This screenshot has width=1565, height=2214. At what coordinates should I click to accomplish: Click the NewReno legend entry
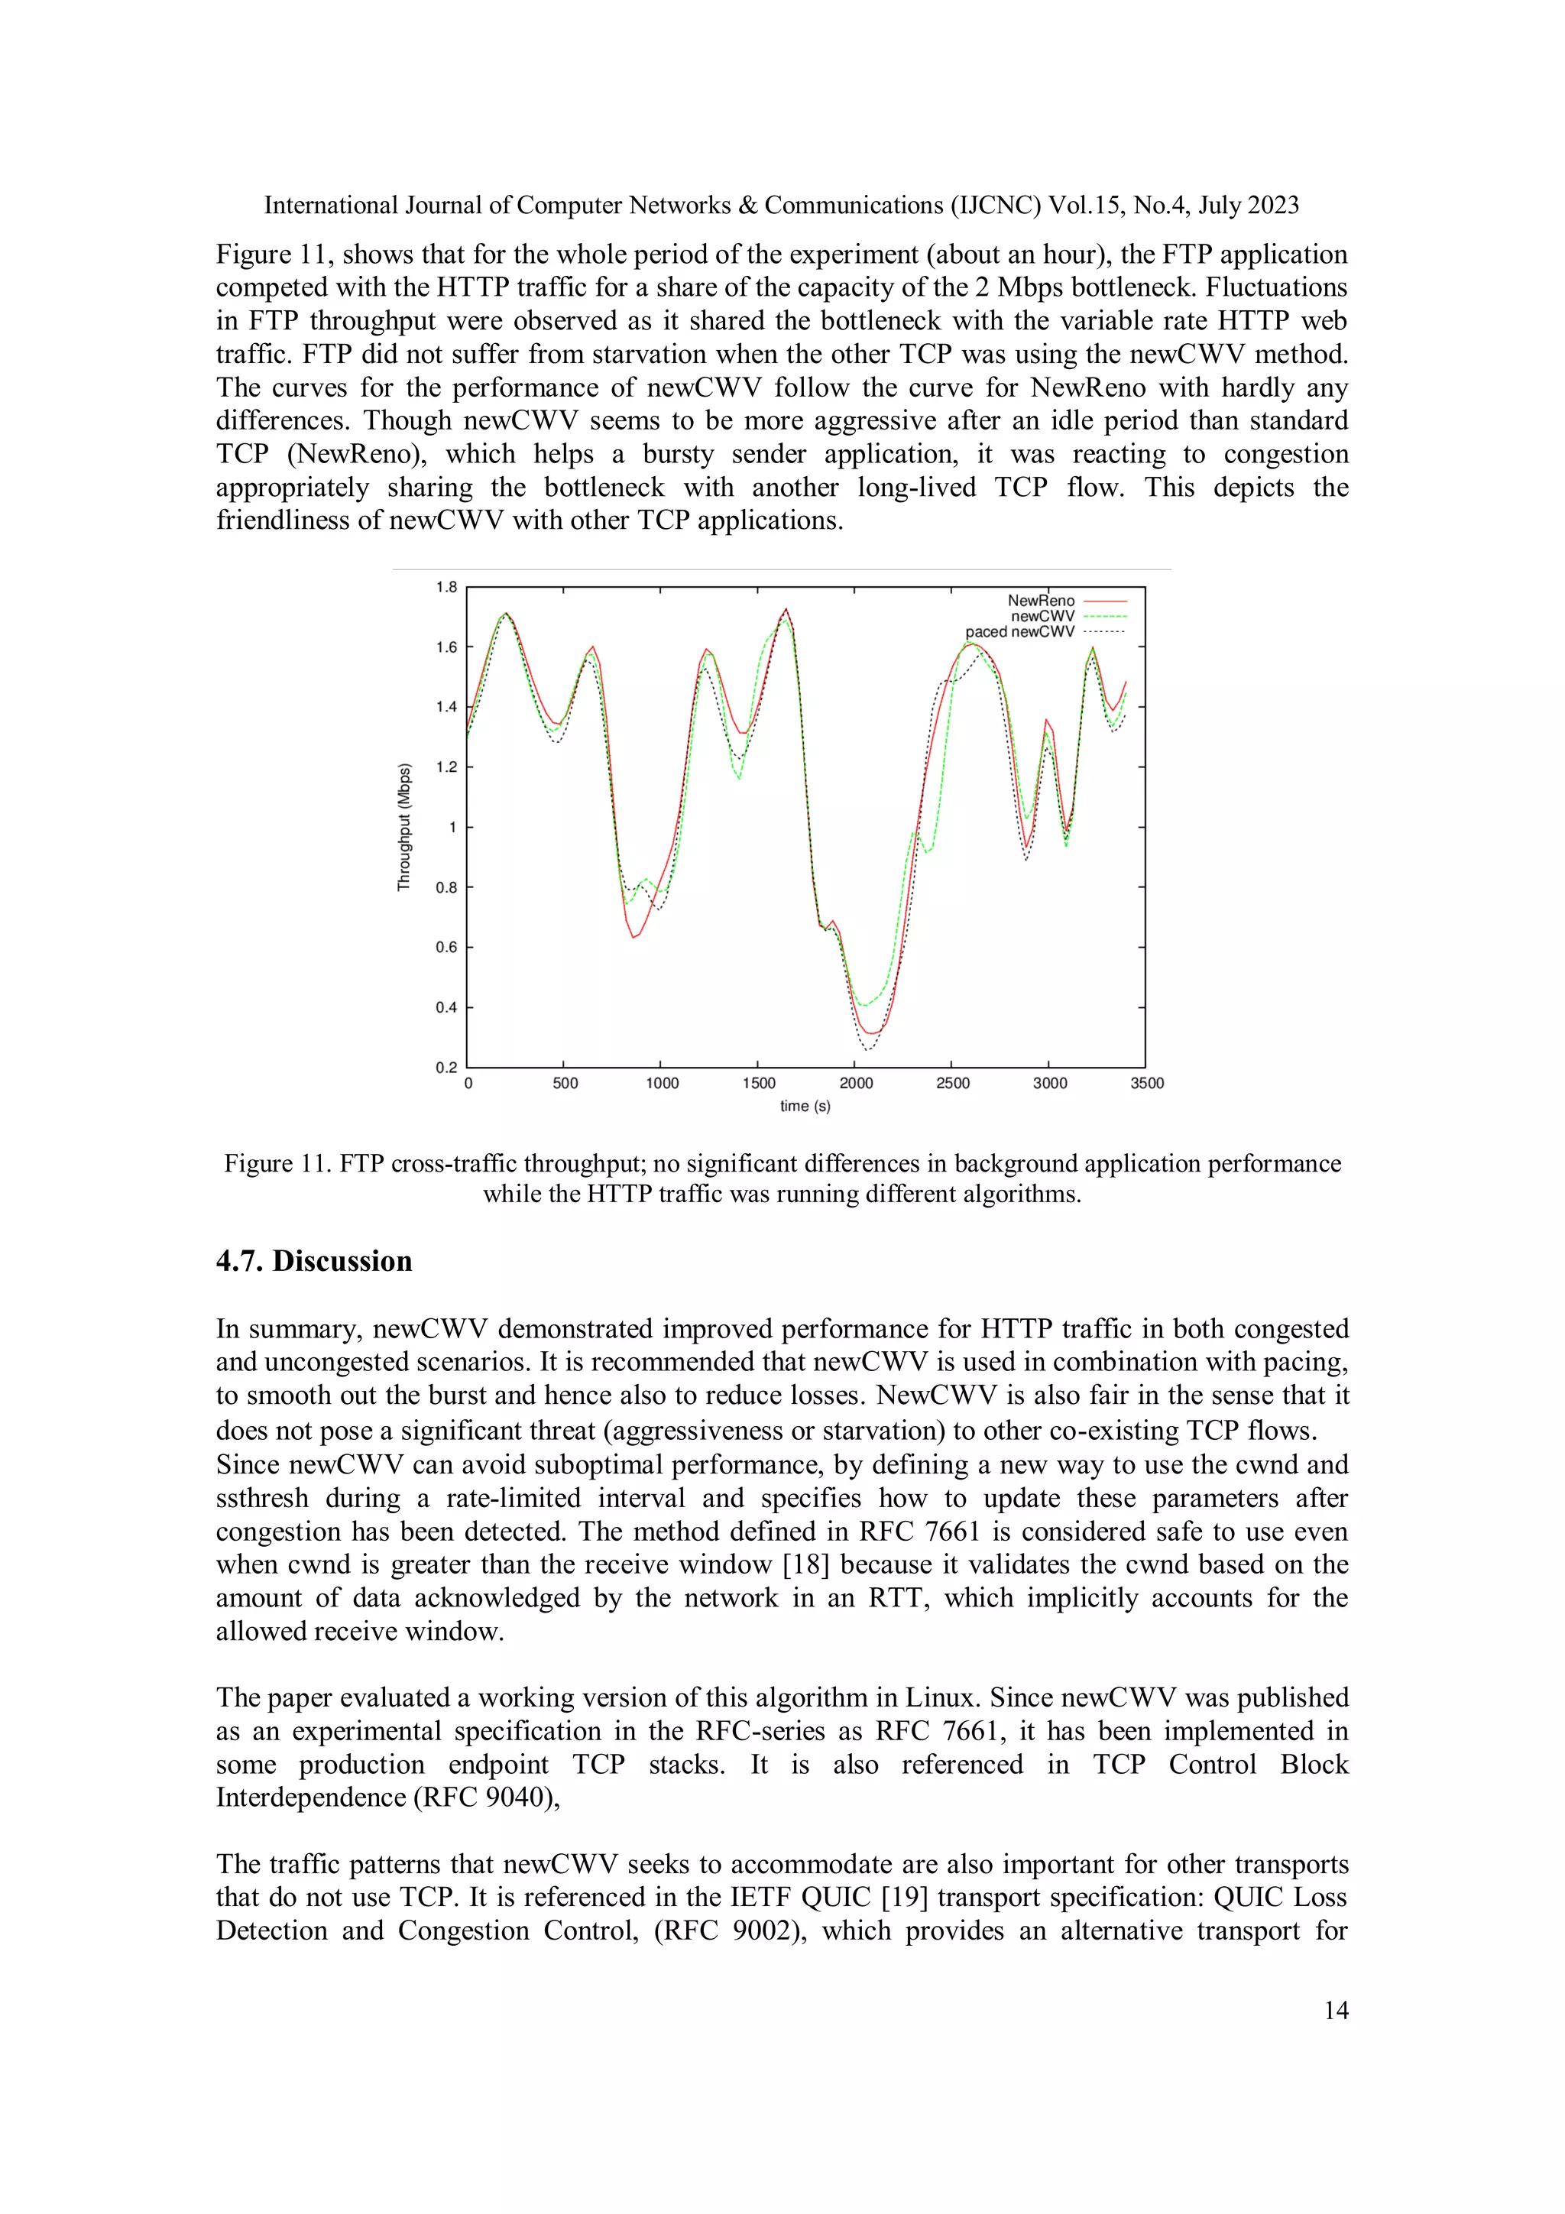pyautogui.click(x=1041, y=601)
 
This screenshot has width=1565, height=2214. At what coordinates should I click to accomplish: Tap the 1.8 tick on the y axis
pyautogui.click(x=446, y=587)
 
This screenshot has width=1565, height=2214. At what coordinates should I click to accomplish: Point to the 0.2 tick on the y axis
pyautogui.click(x=446, y=1068)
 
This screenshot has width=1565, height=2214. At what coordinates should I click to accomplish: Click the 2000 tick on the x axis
pyautogui.click(x=855, y=1084)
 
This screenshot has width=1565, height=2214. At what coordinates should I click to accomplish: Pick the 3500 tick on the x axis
pyautogui.click(x=1146, y=1084)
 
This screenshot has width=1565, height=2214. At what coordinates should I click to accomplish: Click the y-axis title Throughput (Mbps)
pyautogui.click(x=404, y=828)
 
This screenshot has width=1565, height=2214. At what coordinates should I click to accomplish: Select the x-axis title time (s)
pyautogui.click(x=805, y=1107)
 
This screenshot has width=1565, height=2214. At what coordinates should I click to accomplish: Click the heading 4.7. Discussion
pyautogui.click(x=313, y=1261)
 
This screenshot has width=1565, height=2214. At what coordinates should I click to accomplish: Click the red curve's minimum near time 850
pyautogui.click(x=633, y=936)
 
